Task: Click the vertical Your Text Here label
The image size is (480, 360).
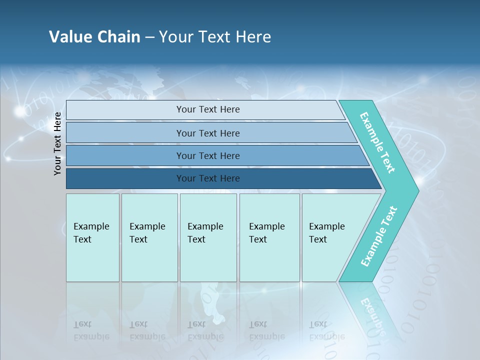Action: pyautogui.click(x=57, y=143)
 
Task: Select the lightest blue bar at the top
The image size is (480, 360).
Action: pyautogui.click(x=207, y=109)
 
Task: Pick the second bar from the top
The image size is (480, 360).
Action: pyautogui.click(x=207, y=133)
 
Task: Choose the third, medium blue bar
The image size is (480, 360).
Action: pyautogui.click(x=207, y=156)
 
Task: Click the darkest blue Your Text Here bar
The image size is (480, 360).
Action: pyautogui.click(x=207, y=178)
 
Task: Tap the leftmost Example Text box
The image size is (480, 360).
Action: pyautogui.click(x=92, y=237)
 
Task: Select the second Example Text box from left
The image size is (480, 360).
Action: pyautogui.click(x=149, y=237)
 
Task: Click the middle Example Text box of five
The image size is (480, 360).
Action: pyautogui.click(x=208, y=237)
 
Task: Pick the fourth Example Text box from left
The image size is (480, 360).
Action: pyautogui.click(x=269, y=237)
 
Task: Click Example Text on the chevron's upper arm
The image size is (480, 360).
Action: pyautogui.click(x=377, y=142)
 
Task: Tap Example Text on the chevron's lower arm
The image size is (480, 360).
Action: pyautogui.click(x=378, y=236)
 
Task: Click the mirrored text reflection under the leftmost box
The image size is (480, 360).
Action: pyautogui.click(x=91, y=330)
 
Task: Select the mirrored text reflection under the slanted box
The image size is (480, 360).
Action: pyautogui.click(x=326, y=330)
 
